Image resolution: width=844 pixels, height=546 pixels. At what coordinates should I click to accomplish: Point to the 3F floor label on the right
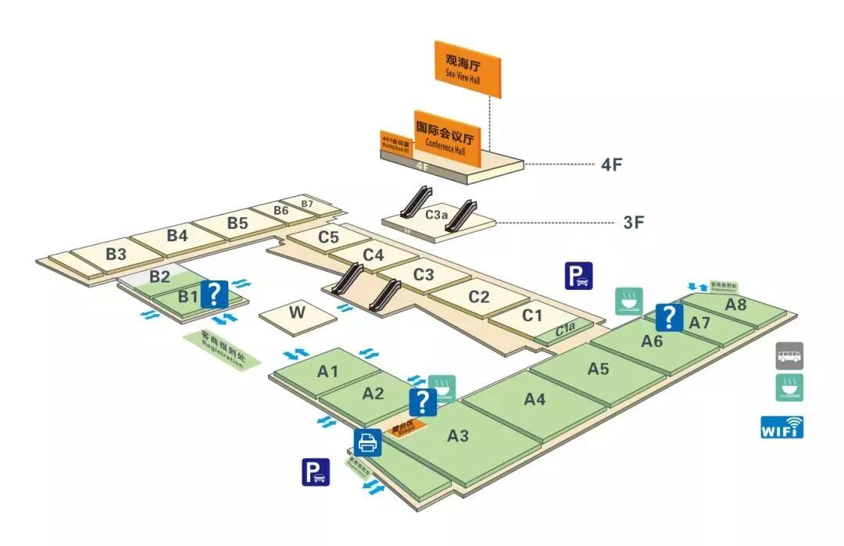coord(633,222)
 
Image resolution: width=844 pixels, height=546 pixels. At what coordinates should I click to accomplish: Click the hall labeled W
coord(297,313)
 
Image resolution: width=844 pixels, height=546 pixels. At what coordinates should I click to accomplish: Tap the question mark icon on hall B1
coord(214,294)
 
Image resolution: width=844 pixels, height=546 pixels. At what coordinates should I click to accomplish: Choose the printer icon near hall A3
coord(367,442)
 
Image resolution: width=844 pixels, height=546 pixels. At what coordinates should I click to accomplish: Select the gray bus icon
coord(789,356)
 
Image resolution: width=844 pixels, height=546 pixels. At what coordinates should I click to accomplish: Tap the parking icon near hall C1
coord(579,276)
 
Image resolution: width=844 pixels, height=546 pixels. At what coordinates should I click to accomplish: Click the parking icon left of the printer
coord(316,472)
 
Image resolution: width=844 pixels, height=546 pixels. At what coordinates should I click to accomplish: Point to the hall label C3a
coord(436,212)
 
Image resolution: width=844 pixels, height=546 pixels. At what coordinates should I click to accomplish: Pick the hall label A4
coord(535,399)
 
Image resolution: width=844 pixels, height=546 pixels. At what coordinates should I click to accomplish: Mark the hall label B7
coord(307,205)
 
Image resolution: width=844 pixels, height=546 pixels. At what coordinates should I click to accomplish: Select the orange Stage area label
coord(406,427)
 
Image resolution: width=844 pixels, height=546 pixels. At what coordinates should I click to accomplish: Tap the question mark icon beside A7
coord(669,317)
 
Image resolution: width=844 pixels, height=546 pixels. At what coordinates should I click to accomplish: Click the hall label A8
coord(735,305)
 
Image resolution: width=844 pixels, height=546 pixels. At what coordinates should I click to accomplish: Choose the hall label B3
coord(116,254)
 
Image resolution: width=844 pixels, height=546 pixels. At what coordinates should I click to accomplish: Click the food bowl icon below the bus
coord(789,387)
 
